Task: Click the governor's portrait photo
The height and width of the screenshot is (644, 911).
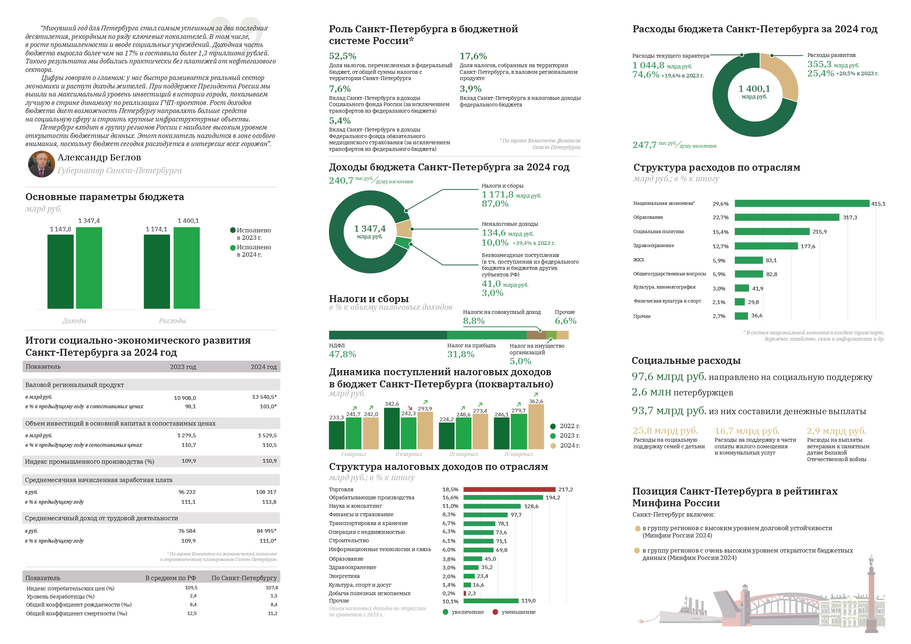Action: [x=41, y=164]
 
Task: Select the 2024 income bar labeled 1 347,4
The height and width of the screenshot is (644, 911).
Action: [x=89, y=267]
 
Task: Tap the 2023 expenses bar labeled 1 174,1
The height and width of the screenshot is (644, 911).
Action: [x=157, y=271]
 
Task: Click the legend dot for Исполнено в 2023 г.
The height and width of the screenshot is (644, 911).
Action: [x=233, y=230]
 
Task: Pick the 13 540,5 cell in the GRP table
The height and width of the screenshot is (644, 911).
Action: [x=264, y=397]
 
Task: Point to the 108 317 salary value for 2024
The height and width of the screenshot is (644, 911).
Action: [x=266, y=492]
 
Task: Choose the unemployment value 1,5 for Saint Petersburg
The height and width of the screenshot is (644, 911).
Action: [x=274, y=596]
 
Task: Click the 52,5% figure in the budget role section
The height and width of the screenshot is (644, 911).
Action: [x=343, y=56]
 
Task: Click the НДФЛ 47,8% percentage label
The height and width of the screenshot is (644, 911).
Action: [x=343, y=354]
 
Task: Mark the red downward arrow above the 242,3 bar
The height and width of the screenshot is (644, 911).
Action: [x=410, y=408]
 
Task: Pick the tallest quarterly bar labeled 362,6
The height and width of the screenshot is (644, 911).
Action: [x=536, y=427]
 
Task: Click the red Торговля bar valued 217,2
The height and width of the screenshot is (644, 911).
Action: [x=509, y=489]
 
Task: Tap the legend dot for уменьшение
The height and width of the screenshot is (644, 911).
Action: [x=495, y=612]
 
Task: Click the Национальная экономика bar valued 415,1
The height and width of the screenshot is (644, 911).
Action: [x=802, y=203]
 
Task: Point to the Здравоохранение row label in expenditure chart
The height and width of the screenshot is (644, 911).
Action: [x=654, y=246]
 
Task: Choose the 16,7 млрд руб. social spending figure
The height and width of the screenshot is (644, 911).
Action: [x=747, y=431]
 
